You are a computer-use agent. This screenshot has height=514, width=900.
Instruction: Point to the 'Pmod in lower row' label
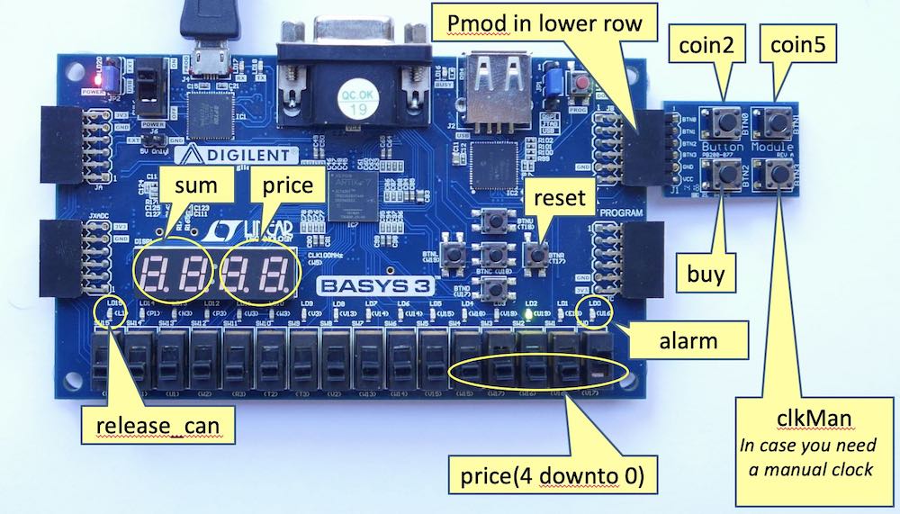(x=539, y=23)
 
